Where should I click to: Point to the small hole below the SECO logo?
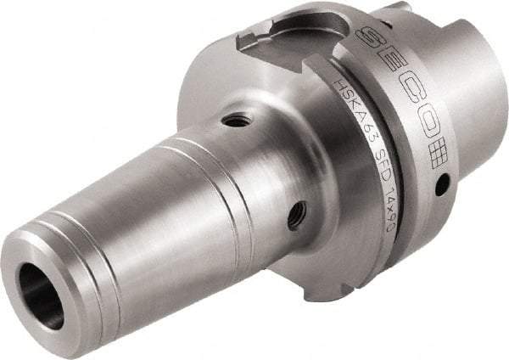point(443,183)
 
